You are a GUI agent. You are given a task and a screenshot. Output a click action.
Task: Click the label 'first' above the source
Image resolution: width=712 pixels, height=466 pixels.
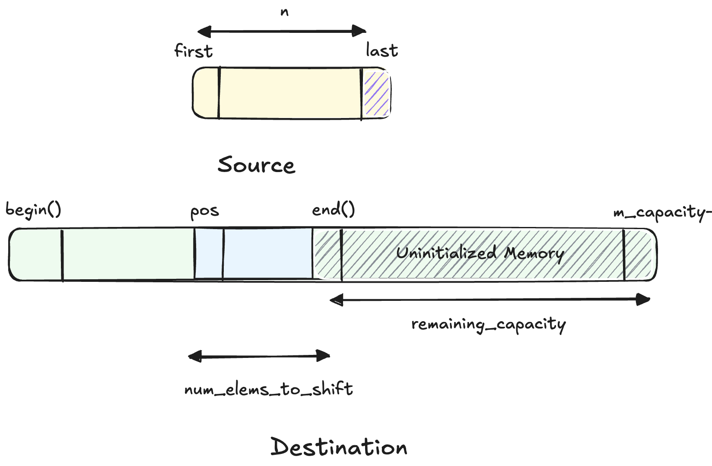(x=193, y=51)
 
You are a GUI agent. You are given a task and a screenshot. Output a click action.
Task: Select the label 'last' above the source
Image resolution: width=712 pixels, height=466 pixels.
(x=381, y=50)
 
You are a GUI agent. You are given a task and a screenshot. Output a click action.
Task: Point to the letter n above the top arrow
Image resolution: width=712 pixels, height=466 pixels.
(x=284, y=12)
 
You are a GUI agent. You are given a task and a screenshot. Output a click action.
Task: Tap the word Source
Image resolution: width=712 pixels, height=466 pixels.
(x=256, y=165)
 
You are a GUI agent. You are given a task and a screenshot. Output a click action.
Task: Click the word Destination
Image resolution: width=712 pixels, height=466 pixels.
(x=339, y=447)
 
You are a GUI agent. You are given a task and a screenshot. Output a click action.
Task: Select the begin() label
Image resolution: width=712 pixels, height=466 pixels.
(x=33, y=210)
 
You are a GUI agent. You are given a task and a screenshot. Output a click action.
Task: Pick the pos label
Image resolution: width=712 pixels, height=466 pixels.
(x=205, y=212)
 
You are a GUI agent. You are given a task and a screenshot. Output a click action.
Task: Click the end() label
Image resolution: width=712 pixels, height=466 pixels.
(x=333, y=210)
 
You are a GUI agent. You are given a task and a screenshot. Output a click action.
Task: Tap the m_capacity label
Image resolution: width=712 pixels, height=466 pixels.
(x=662, y=213)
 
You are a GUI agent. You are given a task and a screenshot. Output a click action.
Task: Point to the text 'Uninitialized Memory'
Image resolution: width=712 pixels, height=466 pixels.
(x=480, y=253)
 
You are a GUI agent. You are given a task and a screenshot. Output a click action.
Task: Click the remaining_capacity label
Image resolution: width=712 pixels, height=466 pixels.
(x=488, y=324)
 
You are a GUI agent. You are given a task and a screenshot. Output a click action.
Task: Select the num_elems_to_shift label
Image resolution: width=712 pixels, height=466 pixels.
(x=268, y=389)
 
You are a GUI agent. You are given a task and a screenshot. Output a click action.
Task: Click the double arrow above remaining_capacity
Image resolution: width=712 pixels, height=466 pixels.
(x=490, y=299)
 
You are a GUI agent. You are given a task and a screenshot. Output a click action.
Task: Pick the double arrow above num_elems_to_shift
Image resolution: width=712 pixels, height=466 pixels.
(x=259, y=356)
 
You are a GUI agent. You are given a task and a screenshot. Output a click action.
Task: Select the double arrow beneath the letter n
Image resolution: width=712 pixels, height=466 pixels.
(x=282, y=31)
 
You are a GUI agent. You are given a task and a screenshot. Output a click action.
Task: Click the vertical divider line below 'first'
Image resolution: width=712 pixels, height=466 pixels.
(x=219, y=93)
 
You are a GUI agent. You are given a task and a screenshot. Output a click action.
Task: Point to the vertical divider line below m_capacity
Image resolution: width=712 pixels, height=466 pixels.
(x=624, y=255)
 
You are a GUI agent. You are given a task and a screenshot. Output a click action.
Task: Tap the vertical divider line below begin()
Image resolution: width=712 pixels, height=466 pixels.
(x=62, y=255)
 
